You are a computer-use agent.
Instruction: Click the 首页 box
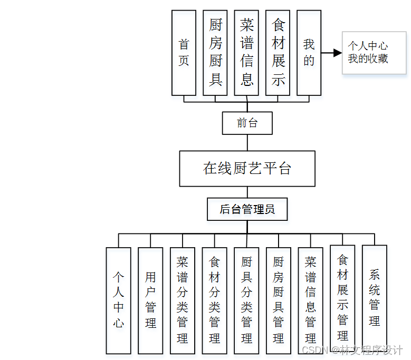pyautogui.click(x=184, y=53)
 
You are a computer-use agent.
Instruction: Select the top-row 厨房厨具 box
pyautogui.click(x=215, y=53)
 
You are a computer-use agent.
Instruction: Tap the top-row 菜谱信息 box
pyautogui.click(x=246, y=53)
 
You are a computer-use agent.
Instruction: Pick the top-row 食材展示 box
pyautogui.click(x=278, y=53)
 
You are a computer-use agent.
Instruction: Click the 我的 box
pyautogui.click(x=309, y=53)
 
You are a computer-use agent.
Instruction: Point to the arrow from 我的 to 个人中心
pyautogui.click(x=331, y=53)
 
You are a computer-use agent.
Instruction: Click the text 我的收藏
pyautogui.click(x=368, y=59)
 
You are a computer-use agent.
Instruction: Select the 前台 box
pyautogui.click(x=247, y=123)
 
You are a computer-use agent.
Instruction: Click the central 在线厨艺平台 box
pyautogui.click(x=247, y=169)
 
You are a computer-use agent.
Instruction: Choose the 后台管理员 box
pyautogui.click(x=247, y=209)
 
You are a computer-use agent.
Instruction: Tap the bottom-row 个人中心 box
pyautogui.click(x=118, y=300)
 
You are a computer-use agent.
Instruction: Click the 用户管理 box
pyautogui.click(x=150, y=300)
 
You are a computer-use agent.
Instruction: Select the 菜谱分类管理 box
pyautogui.click(x=183, y=300)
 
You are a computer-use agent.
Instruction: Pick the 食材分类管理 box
pyautogui.click(x=214, y=300)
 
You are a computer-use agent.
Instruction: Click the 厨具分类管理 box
pyautogui.click(x=246, y=300)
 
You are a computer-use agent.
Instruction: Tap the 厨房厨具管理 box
pyautogui.click(x=279, y=300)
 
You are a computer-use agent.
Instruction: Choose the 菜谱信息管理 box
pyautogui.click(x=310, y=300)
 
